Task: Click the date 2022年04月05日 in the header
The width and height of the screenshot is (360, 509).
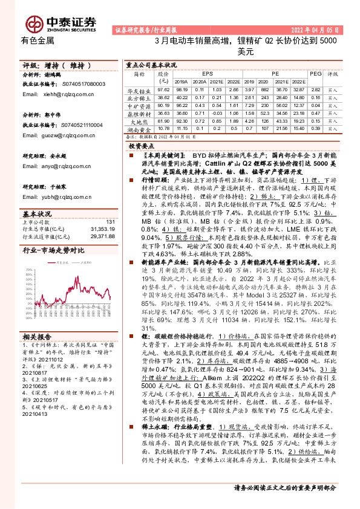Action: [315, 28]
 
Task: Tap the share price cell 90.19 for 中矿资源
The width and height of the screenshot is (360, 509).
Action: [163, 105]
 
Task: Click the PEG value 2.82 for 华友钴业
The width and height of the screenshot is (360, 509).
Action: [315, 89]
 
